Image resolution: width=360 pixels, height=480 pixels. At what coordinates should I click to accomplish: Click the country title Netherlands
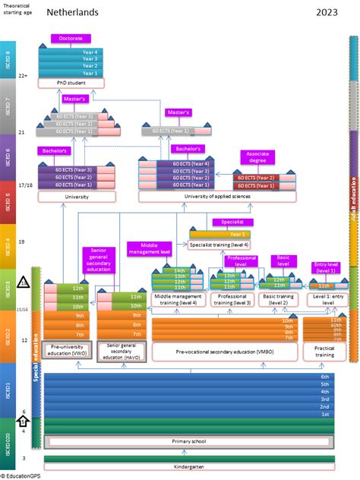pos(74,13)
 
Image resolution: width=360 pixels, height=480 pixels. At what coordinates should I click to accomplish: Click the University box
pos(77,196)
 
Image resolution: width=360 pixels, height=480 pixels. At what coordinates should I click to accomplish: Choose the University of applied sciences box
pos(205,196)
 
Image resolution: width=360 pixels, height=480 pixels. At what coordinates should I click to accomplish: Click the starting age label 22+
pos(24,76)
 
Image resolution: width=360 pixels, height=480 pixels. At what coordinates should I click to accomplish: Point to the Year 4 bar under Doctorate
pos(90,51)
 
